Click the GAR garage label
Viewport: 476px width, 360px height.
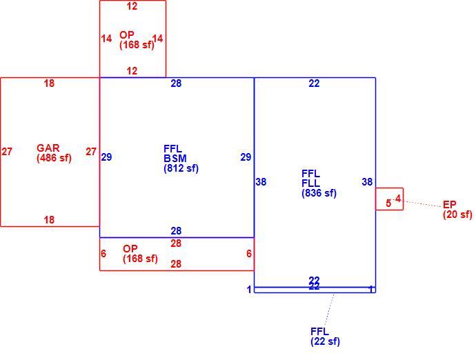[x=48, y=148]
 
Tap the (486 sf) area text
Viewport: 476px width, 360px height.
[x=54, y=158]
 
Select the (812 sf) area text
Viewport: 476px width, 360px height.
[x=181, y=168]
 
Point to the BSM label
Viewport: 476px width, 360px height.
[x=175, y=159]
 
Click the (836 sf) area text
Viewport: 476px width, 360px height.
[x=319, y=193]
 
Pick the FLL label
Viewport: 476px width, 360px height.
[x=311, y=183]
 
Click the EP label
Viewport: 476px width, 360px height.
[x=450, y=205]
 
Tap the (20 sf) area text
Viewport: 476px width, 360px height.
[x=457, y=214]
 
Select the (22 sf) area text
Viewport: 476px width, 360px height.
[x=325, y=341]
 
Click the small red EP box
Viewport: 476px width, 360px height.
[x=390, y=188]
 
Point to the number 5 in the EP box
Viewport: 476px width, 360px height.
[x=388, y=203]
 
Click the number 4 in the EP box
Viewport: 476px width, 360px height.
[x=398, y=199]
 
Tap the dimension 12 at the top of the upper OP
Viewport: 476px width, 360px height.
[x=132, y=6]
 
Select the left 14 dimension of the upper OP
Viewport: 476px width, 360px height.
[x=106, y=39]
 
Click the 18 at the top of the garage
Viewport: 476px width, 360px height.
[x=49, y=83]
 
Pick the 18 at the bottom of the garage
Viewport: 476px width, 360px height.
[x=49, y=219]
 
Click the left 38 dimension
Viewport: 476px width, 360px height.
[x=261, y=182]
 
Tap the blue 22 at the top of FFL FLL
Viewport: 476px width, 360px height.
[x=314, y=83]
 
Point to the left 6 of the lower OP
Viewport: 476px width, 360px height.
[x=103, y=254]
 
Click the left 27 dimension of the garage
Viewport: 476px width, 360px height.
[x=7, y=152]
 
